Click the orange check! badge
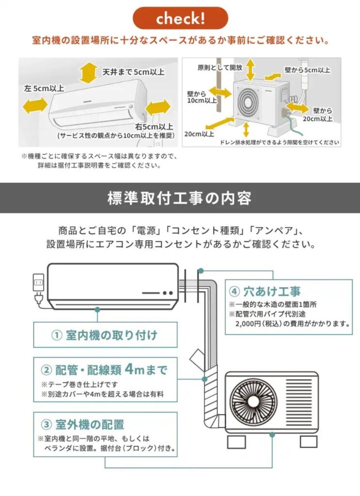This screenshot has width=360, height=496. click(x=180, y=18)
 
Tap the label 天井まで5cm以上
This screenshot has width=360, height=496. click(x=133, y=72)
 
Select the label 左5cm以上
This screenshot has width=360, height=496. click(x=44, y=88)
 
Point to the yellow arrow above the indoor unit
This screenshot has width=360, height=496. click(x=88, y=73)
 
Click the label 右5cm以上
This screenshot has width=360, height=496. click(x=155, y=127)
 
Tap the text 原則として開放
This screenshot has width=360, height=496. click(x=220, y=67)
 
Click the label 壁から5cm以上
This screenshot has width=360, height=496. click(x=308, y=70)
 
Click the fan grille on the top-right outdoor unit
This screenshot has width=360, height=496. click(x=249, y=102)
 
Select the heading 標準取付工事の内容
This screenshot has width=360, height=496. click(x=180, y=198)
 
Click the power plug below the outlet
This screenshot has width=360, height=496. click(x=39, y=298)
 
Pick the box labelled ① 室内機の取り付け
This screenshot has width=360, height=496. click(x=105, y=335)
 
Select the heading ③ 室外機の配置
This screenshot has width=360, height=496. click(x=83, y=424)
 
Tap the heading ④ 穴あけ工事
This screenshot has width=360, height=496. click(x=265, y=291)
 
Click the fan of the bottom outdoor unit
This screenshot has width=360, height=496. click(x=253, y=402)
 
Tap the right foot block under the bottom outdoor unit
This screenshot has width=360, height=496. click(x=309, y=441)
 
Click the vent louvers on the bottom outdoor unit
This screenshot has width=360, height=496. click(x=298, y=402)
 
